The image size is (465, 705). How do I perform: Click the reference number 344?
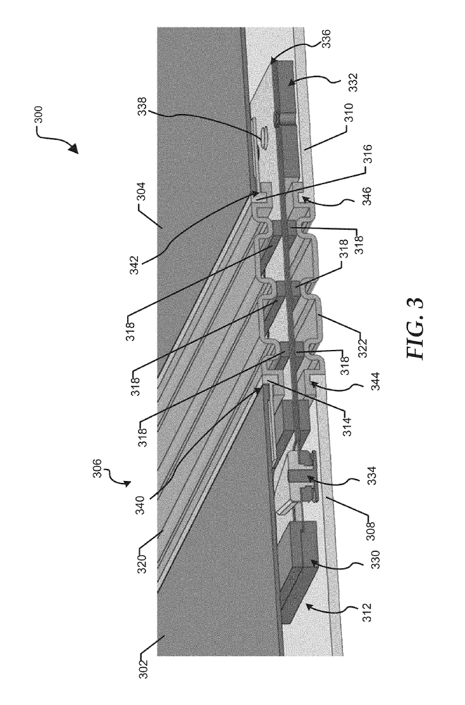click(x=376, y=381)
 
